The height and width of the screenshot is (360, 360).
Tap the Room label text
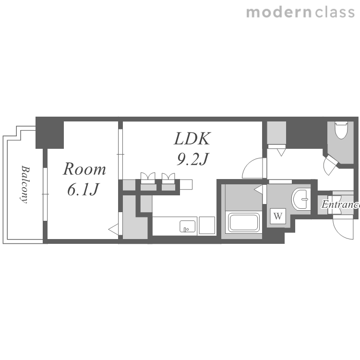coord(84,169)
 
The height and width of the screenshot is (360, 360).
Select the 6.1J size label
coord(83,189)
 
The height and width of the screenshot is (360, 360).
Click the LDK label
coord(192,139)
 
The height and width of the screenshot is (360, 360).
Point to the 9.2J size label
coord(192,159)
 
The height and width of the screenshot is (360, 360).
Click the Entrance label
coord(340,204)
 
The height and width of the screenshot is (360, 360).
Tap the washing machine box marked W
coord(278,216)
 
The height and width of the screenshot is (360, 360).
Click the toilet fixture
coord(341,130)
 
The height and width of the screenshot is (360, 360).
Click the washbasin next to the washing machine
coord(300,199)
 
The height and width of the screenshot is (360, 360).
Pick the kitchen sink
coord(188,227)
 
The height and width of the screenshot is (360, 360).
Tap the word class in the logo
coord(335,12)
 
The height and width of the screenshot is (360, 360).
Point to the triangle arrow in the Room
coord(113,229)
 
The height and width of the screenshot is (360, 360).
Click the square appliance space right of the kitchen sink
coord(207,225)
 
